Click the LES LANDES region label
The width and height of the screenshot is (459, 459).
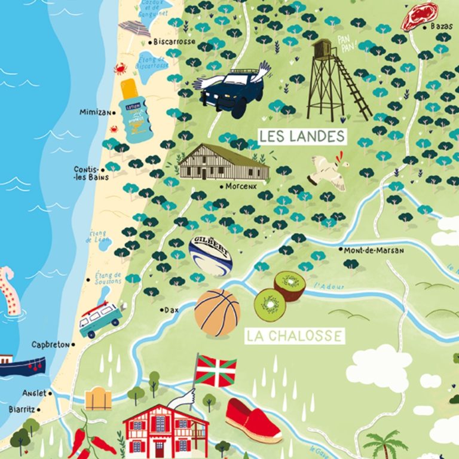pos(302,136)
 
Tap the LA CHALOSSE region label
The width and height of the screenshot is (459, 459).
pos(295,336)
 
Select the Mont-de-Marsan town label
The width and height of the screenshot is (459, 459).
pos(374,250)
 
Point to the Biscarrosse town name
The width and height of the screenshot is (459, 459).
pos(174,42)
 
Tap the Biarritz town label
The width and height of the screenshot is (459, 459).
pos(24,409)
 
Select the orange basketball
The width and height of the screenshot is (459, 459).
pos(217,312)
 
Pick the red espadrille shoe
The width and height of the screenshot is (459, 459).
pos(253,420)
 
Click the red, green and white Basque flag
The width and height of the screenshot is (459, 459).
pos(216,370)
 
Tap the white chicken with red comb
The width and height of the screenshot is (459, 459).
pos(327,170)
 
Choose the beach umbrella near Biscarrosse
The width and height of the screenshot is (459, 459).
pos(134,29)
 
